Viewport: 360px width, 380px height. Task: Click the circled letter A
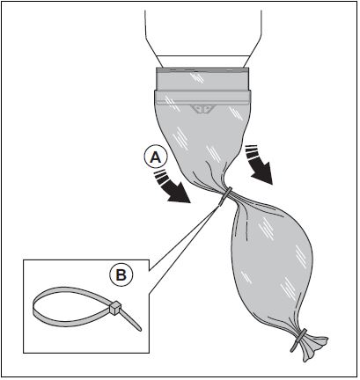[156, 157]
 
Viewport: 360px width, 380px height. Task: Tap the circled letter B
[121, 275]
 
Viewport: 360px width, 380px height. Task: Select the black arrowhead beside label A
[177, 192]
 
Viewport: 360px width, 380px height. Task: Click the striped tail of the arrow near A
[161, 177]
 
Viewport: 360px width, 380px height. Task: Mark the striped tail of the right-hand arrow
[253, 152]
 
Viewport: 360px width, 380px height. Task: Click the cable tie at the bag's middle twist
[225, 195]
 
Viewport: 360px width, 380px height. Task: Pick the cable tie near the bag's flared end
[298, 340]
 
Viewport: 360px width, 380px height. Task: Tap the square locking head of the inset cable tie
[114, 308]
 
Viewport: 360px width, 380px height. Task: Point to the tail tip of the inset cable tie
[140, 329]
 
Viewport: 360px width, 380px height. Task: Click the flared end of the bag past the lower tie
[314, 347]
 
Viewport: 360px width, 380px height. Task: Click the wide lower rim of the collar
[202, 98]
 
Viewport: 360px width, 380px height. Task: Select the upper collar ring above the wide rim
[202, 79]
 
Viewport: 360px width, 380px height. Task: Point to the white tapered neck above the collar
[202, 62]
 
